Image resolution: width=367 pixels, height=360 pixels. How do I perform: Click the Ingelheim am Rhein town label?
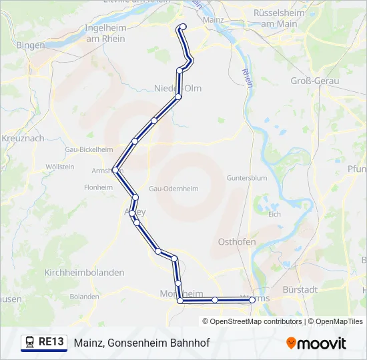click(x=105, y=33)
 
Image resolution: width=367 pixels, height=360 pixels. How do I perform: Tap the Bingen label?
click(x=31, y=45)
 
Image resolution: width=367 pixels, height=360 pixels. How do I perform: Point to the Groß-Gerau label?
click(x=315, y=81)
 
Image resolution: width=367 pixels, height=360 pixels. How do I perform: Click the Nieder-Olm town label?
click(x=177, y=88)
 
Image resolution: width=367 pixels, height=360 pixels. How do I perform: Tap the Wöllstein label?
click(x=59, y=167)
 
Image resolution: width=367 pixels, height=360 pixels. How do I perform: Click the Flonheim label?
click(x=98, y=187)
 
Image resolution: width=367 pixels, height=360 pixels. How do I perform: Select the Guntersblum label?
click(x=247, y=179)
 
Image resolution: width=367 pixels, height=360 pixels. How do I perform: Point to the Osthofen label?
click(x=238, y=242)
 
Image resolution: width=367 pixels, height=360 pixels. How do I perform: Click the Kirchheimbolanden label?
click(x=84, y=273)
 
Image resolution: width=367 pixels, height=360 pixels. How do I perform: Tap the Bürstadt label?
click(x=319, y=291)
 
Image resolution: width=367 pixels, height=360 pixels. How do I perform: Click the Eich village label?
click(x=274, y=214)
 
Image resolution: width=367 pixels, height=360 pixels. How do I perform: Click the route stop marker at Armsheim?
click(x=115, y=170)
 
